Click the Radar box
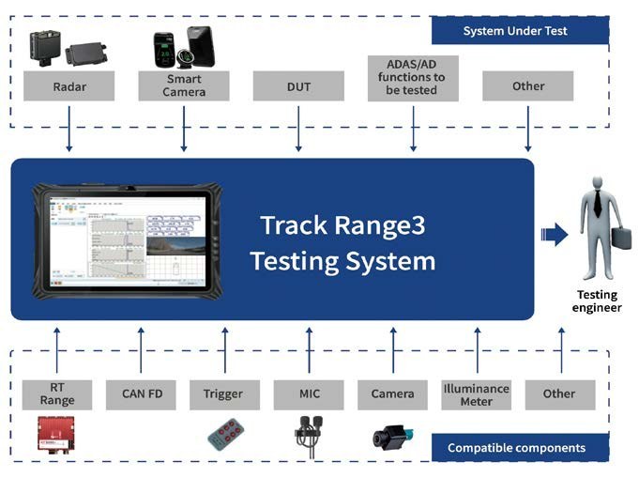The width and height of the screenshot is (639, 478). pyautogui.click(x=68, y=86)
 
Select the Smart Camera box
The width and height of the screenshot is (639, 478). pyautogui.click(x=184, y=86)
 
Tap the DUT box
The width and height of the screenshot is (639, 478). pyautogui.click(x=298, y=86)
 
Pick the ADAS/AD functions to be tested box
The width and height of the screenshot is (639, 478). pyautogui.click(x=413, y=78)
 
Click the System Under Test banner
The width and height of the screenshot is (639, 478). pyautogui.click(x=521, y=31)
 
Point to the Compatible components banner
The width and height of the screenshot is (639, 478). pyautogui.click(x=521, y=447)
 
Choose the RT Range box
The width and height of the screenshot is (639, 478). pyautogui.click(x=57, y=394)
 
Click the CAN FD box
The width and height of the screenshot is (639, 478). pyautogui.click(x=141, y=394)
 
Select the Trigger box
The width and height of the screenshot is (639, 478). pyautogui.click(x=224, y=394)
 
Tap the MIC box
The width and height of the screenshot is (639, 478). pyautogui.click(x=309, y=394)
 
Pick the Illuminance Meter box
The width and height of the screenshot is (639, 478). pyautogui.click(x=477, y=394)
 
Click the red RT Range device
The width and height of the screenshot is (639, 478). pyautogui.click(x=56, y=434)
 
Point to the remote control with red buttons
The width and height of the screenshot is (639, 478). pyautogui.click(x=226, y=435)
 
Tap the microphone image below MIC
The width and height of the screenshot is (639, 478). pyautogui.click(x=310, y=436)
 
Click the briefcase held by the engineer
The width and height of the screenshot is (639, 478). pyautogui.click(x=621, y=238)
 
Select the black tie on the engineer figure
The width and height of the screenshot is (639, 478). pyautogui.click(x=598, y=203)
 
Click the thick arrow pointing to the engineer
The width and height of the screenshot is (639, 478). pyautogui.click(x=555, y=235)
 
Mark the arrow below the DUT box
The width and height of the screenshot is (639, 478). pyautogui.click(x=298, y=129)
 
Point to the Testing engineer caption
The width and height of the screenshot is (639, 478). pyautogui.click(x=597, y=301)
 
